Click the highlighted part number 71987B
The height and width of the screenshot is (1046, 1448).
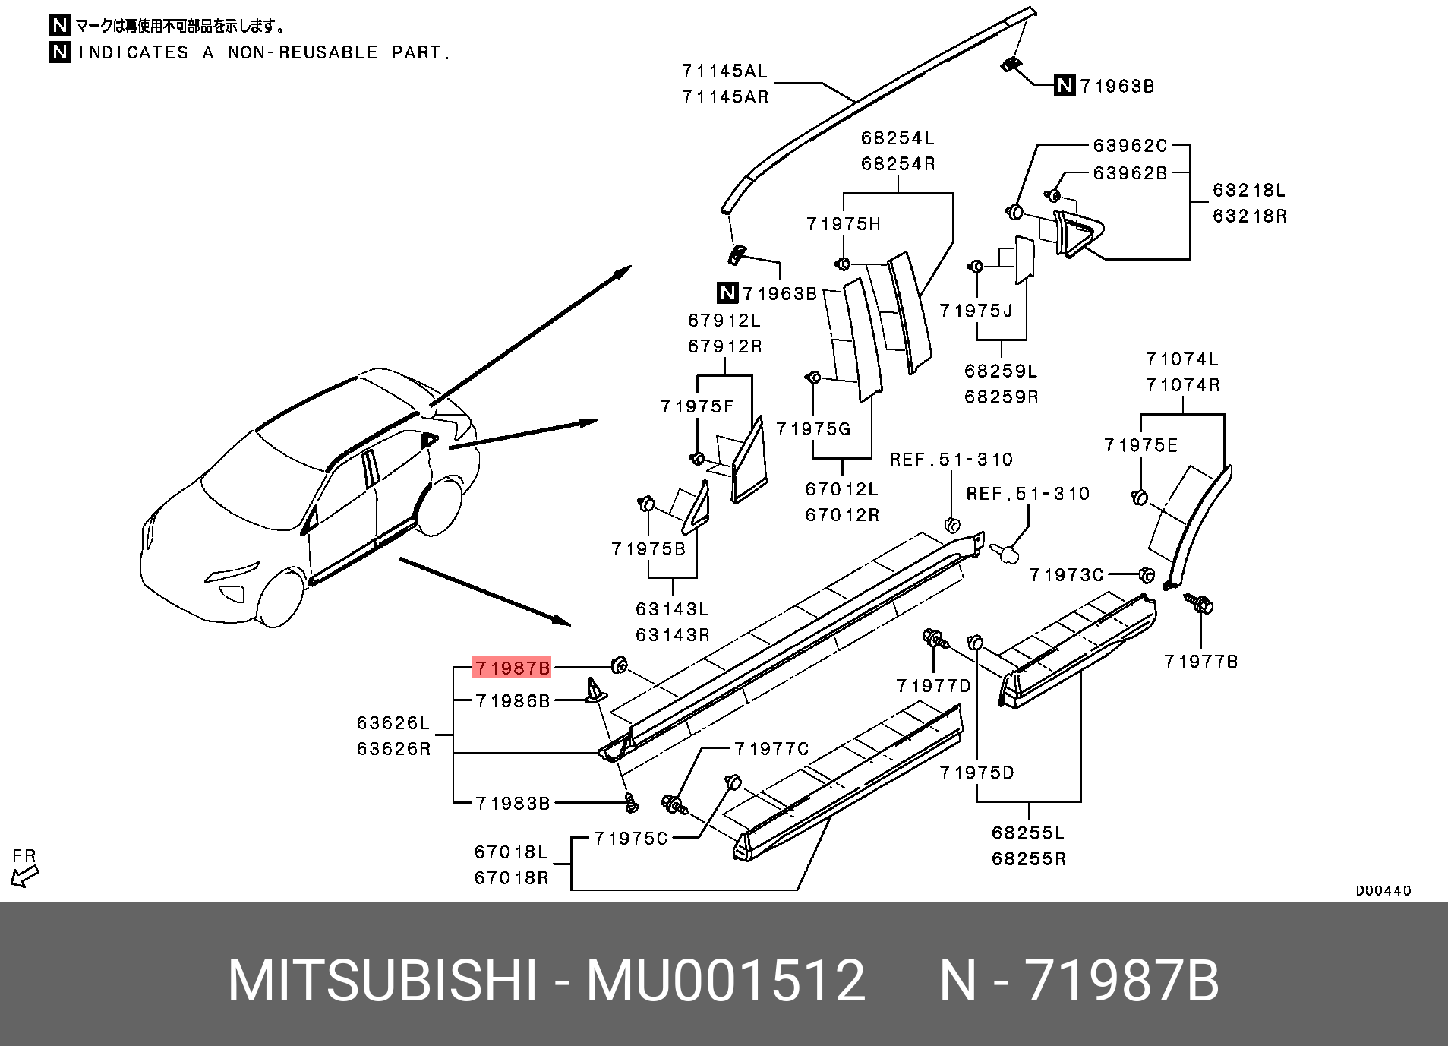pos(511,668)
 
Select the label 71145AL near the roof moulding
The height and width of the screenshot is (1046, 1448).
pos(724,71)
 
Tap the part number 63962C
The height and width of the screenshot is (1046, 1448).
pos(1130,145)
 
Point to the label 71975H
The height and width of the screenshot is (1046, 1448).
pos(843,224)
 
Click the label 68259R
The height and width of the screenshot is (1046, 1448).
pos(1001,397)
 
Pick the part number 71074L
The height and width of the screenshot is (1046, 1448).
pos(1182,359)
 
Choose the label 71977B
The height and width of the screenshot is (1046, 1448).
pos(1200,662)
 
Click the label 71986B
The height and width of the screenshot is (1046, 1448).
pos(513,701)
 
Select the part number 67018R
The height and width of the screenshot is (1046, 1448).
pos(511,878)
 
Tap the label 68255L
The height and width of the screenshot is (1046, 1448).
pos(1028,833)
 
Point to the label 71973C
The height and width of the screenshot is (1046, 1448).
pos(1066,575)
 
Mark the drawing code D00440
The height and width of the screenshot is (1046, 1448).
pos(1383,890)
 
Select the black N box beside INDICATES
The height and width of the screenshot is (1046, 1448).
pos(60,52)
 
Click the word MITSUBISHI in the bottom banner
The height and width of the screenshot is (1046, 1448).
pos(383,981)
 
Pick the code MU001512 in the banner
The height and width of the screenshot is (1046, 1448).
pos(725,981)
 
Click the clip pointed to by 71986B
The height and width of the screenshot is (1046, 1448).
pos(595,689)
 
